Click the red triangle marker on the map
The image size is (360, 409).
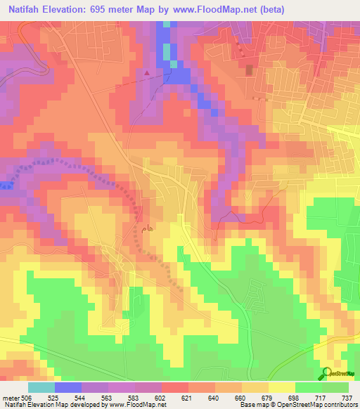pos(146,72)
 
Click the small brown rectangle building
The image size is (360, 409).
pos(248,70)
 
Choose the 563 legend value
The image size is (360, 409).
pos(108,397)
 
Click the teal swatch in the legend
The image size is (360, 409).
pos(41,387)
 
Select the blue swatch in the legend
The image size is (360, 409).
pos(68,387)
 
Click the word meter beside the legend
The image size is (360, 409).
pos(10,397)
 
